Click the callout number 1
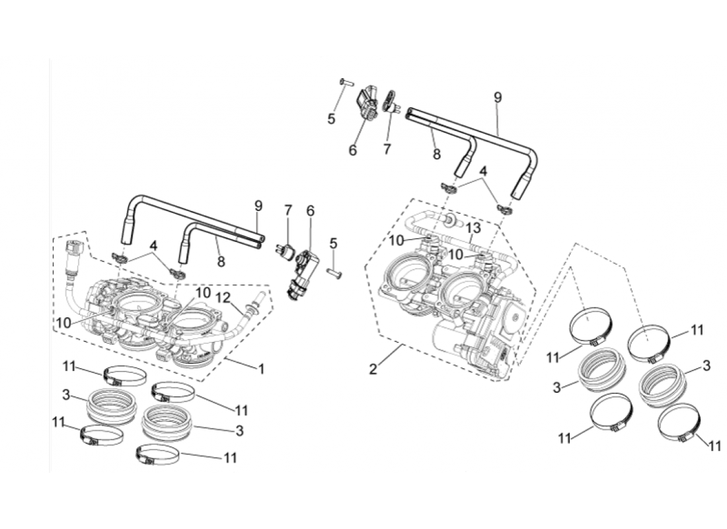[x=261, y=368]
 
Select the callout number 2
[x=373, y=368]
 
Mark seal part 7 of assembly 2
[x=391, y=100]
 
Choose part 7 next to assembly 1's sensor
[x=286, y=251]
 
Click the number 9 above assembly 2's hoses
[x=498, y=97]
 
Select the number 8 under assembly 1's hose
[x=221, y=262]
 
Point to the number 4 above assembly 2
[x=484, y=171]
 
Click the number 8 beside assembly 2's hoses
[x=436, y=155]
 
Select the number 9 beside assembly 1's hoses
[x=258, y=206]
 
